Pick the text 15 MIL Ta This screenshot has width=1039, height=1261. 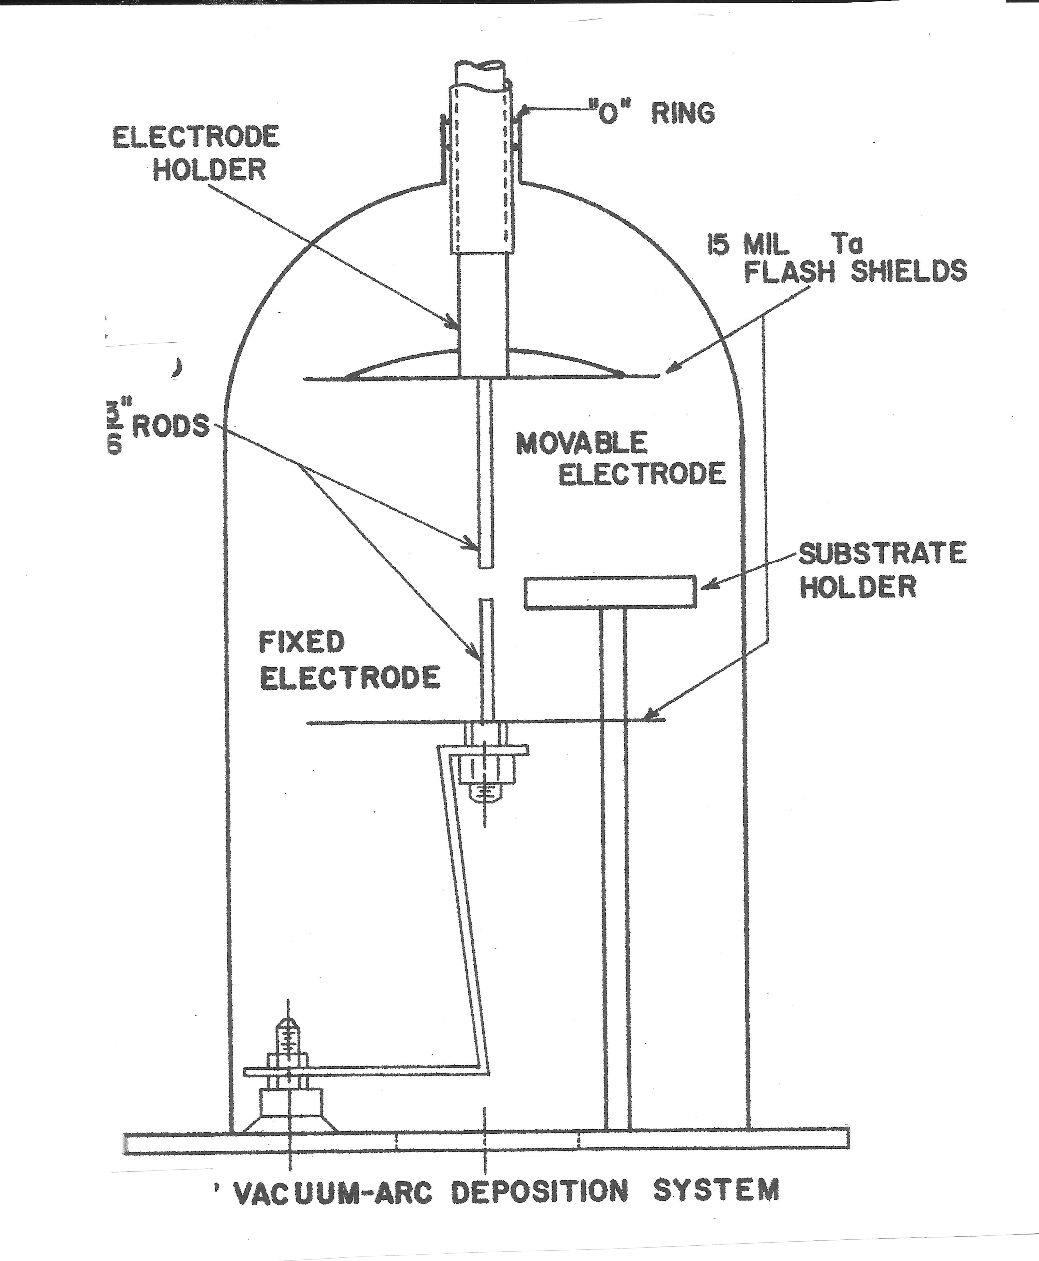click(x=784, y=245)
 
